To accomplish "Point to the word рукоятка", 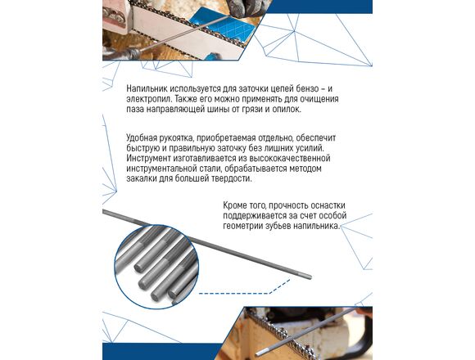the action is point(177,138).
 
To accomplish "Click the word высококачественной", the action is point(289,158).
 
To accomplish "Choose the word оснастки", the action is point(328,205).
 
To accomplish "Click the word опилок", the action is point(287,109).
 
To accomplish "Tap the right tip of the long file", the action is point(311,277).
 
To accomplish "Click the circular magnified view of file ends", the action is point(157,266).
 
